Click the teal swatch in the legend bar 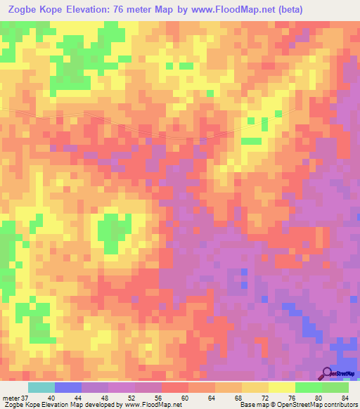coord(41,388)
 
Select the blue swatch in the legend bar coord(67,388)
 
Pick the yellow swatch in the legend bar coord(281,388)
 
